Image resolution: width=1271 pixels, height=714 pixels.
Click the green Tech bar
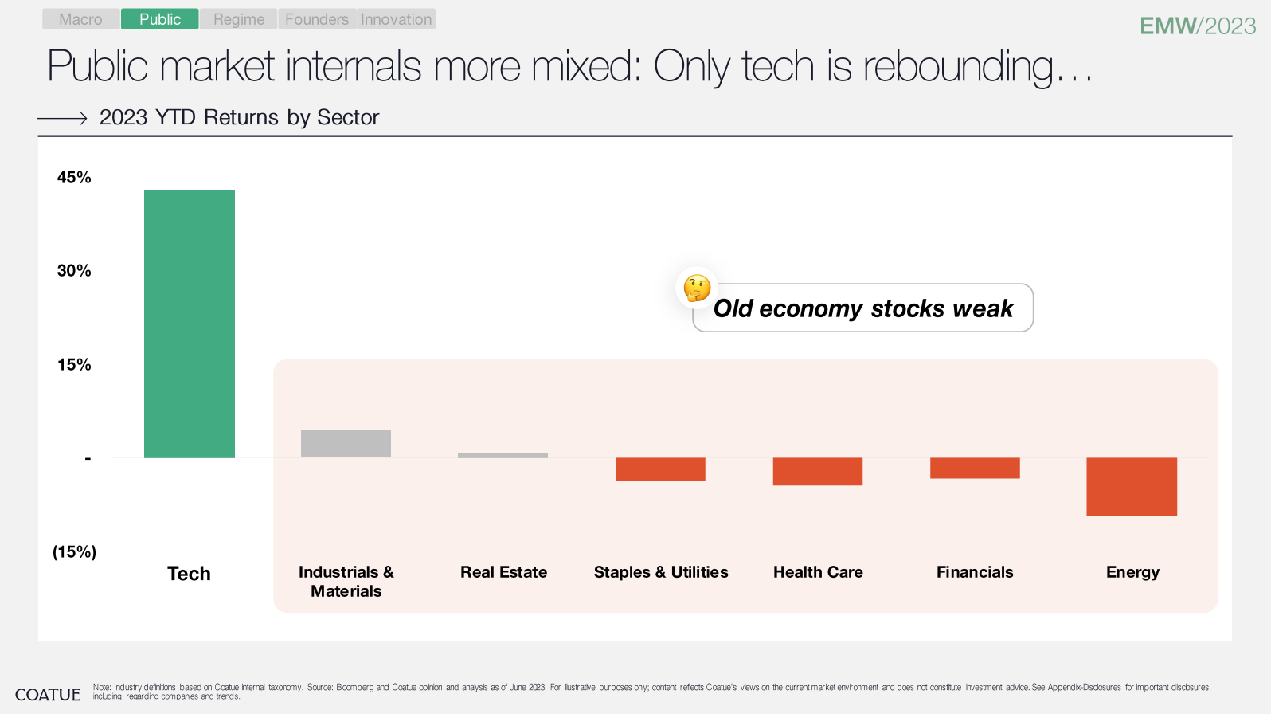[190, 324]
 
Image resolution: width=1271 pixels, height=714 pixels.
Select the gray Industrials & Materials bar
[346, 443]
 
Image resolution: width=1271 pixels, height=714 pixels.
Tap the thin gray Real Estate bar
[503, 455]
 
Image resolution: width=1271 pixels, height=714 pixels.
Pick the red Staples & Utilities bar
[660, 469]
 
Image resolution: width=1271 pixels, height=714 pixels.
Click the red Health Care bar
[818, 471]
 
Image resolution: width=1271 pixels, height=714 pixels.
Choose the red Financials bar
[975, 468]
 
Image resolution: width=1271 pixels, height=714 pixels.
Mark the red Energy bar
[1132, 486]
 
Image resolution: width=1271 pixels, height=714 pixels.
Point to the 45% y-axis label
[74, 178]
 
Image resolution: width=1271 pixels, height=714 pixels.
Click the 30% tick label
[74, 271]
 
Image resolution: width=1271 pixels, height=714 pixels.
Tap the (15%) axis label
[74, 551]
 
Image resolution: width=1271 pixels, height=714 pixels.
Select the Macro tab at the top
[80, 19]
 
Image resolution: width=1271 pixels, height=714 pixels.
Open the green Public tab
[160, 19]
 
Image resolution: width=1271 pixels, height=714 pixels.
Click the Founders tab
[317, 19]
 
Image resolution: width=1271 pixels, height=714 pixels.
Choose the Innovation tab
[396, 19]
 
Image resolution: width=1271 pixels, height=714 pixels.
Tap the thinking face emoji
[697, 288]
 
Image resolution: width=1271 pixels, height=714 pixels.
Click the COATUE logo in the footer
[48, 695]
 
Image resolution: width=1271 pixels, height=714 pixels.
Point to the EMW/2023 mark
[1198, 26]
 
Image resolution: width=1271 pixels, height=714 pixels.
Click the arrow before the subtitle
[62, 118]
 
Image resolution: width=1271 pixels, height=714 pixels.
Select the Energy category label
[1132, 572]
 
